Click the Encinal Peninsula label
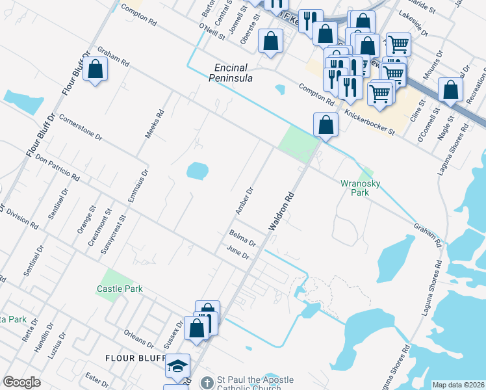234,72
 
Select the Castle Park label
120,289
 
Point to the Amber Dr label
244,201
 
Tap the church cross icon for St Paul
207,383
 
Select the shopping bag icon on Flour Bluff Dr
95,69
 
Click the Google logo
21,382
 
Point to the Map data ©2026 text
458,385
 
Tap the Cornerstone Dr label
81,127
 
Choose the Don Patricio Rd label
57,168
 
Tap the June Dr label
238,253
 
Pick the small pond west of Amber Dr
197,171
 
